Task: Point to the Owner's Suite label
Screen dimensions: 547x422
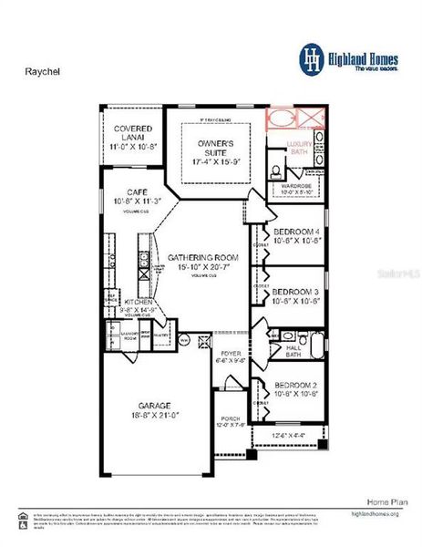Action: [216, 149]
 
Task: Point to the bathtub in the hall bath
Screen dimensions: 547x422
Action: [316, 346]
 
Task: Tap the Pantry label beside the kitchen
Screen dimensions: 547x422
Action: [161, 335]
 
